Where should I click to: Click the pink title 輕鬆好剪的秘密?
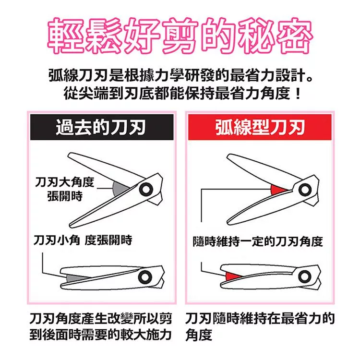coord(180,36)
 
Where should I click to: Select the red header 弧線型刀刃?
coord(260,127)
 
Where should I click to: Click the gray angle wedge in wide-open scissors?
coord(119,189)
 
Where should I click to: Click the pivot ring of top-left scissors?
coord(146,190)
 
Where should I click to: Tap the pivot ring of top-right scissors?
coord(305,190)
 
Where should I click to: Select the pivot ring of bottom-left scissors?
coord(145,276)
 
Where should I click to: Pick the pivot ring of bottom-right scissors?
coord(305,276)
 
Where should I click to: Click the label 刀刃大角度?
coord(64,182)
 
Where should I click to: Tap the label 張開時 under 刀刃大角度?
coord(65,196)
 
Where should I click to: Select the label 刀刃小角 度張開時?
coord(83,240)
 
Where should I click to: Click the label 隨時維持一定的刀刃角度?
coord(258,241)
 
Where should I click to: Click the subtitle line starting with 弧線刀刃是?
coord(180,75)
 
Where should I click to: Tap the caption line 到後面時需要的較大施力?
coord(101,335)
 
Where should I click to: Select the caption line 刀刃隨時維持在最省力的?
coord(260,318)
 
